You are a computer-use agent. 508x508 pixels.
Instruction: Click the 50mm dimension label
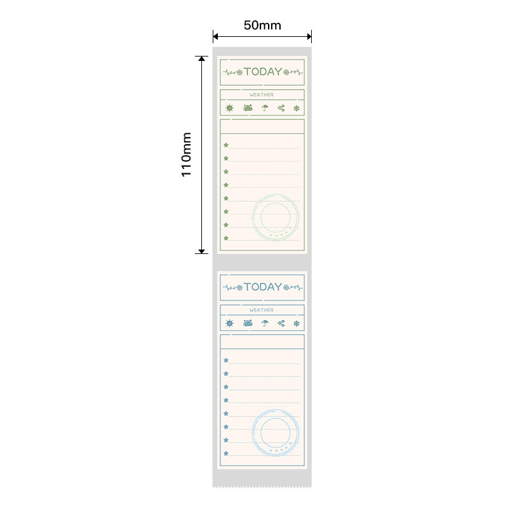(x=262, y=25)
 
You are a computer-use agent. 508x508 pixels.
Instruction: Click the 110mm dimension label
(x=186, y=154)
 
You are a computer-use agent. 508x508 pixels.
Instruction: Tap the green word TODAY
(x=263, y=72)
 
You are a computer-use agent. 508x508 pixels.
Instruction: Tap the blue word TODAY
(x=263, y=287)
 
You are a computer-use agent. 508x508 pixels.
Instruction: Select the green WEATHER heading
(x=262, y=95)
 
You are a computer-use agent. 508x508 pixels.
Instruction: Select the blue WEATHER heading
(x=262, y=310)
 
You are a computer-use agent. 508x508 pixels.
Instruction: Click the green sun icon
(x=229, y=108)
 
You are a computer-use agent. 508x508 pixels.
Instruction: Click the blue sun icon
(x=229, y=323)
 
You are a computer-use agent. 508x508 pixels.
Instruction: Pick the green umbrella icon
(x=265, y=108)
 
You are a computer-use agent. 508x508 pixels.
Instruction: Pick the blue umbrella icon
(x=265, y=323)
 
